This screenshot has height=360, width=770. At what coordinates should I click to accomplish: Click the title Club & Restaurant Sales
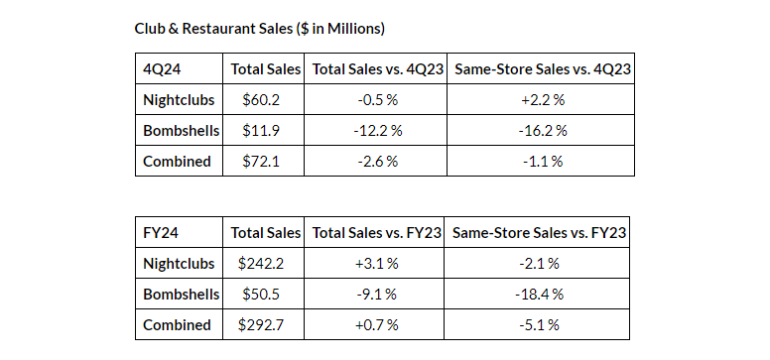coord(261,28)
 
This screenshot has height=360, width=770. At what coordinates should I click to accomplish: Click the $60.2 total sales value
coord(264,99)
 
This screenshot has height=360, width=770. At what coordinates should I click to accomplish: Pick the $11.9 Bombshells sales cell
coord(264,130)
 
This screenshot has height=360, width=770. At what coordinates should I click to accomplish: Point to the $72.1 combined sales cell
coord(264,161)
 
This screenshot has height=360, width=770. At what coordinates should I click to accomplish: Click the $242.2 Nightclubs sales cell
coord(264,263)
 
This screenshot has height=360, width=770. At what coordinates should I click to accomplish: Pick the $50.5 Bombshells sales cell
coord(264,294)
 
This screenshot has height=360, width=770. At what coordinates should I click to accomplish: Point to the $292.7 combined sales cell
coord(264,324)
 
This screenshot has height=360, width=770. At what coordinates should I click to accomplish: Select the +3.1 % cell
coord(373,263)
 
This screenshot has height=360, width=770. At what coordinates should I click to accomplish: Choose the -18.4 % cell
coord(539,294)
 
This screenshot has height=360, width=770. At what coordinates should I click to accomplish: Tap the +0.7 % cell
coord(373,324)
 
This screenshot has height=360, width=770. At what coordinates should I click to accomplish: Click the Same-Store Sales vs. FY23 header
coord(539,233)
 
